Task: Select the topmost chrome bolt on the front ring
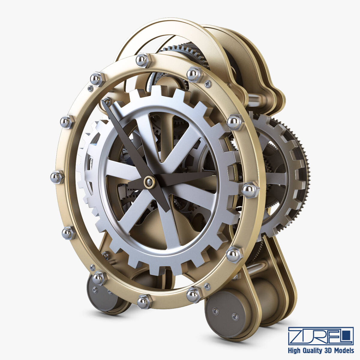click(x=141, y=61)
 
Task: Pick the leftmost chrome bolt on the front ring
click(x=57, y=177)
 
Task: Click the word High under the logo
click(x=295, y=350)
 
